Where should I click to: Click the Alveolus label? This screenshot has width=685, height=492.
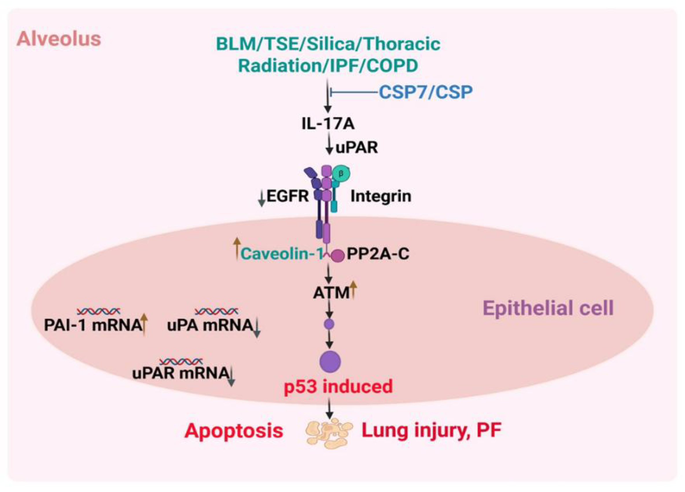pyautogui.click(x=59, y=39)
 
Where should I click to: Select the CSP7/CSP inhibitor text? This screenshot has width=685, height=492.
pyautogui.click(x=426, y=92)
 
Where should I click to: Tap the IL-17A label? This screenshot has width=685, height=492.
pyautogui.click(x=328, y=124)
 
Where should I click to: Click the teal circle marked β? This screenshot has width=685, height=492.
pyautogui.click(x=341, y=173)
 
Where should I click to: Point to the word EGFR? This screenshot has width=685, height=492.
pyautogui.click(x=288, y=196)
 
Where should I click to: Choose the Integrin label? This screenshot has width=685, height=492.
pyautogui.click(x=381, y=196)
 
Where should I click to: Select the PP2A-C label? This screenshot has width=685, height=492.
pyautogui.click(x=378, y=253)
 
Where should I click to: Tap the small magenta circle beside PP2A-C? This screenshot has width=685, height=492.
pyautogui.click(x=337, y=255)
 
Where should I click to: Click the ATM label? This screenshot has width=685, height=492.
pyautogui.click(x=331, y=293)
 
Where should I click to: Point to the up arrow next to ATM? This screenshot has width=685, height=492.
pyautogui.click(x=353, y=289)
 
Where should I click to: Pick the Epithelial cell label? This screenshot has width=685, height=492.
pyautogui.click(x=548, y=308)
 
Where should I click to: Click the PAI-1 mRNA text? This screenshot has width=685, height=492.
pyautogui.click(x=93, y=325)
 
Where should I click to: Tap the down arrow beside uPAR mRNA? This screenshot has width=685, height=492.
pyautogui.click(x=232, y=377)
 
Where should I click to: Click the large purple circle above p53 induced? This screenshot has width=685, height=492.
pyautogui.click(x=330, y=362)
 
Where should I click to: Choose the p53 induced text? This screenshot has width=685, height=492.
pyautogui.click(x=338, y=387)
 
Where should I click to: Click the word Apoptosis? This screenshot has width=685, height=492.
pyautogui.click(x=234, y=431)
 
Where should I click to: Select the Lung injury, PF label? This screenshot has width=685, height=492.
pyautogui.click(x=432, y=430)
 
